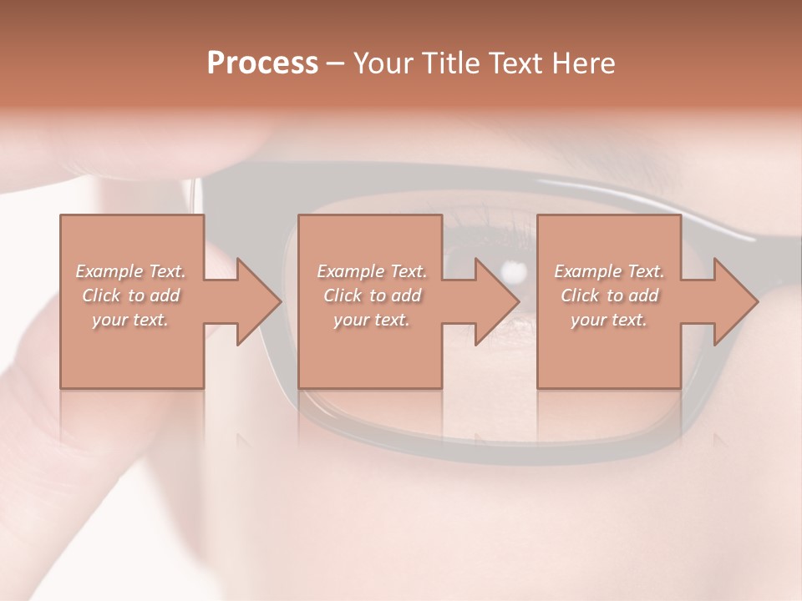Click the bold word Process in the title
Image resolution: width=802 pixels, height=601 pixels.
click(x=262, y=63)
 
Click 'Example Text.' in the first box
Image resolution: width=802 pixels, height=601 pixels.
click(x=130, y=271)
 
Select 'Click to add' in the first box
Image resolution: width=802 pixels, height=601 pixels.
click(x=131, y=295)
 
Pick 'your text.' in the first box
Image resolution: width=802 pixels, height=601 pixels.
click(x=130, y=320)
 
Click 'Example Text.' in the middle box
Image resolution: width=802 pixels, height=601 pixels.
click(x=371, y=271)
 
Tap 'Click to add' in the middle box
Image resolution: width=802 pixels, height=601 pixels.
click(x=372, y=295)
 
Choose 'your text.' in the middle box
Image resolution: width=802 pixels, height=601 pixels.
click(x=371, y=320)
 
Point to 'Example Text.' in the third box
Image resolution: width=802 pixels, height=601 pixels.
click(x=609, y=271)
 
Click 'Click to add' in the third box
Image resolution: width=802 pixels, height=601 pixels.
click(x=609, y=295)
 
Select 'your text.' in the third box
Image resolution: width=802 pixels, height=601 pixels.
click(x=609, y=320)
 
